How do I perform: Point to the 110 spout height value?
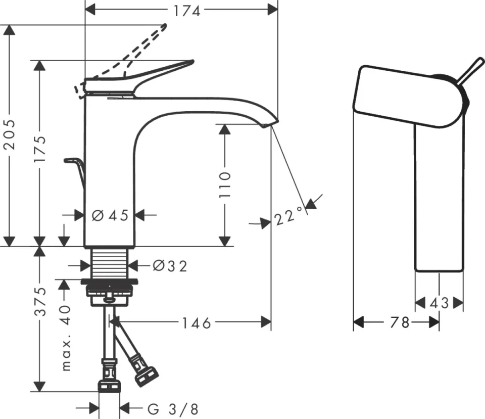point(225,184)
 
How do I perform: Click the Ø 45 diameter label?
point(110,216)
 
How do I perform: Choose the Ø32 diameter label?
point(169,265)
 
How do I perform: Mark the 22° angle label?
point(289,217)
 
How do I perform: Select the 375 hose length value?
point(41,301)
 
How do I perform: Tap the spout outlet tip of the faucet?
point(270,123)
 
